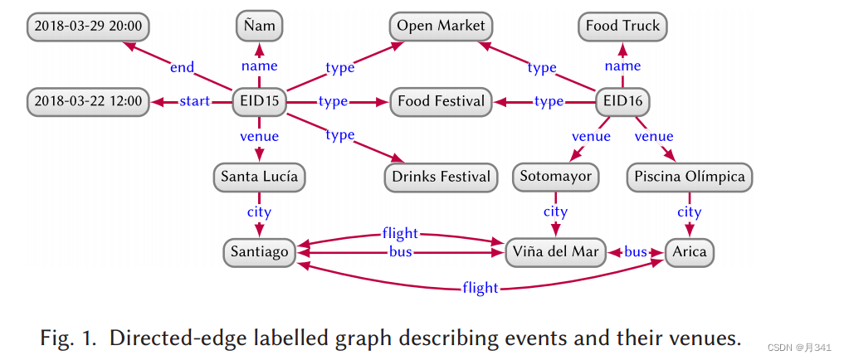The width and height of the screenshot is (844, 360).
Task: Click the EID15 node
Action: point(260,102)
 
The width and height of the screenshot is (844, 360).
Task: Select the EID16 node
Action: point(623,102)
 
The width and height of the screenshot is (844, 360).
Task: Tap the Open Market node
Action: point(441,27)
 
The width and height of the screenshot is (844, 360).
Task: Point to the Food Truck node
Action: point(622,27)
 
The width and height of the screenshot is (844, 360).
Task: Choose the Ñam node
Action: point(260,27)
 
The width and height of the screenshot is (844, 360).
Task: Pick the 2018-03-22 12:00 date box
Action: point(87,102)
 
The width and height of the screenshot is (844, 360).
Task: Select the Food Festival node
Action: point(441,102)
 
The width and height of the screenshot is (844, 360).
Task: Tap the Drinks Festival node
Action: point(441,177)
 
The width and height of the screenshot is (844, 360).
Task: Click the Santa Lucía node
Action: point(259,177)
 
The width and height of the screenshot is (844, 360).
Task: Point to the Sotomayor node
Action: point(555,177)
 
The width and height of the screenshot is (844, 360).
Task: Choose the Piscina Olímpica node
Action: point(690,177)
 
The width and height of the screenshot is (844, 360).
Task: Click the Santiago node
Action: point(260,251)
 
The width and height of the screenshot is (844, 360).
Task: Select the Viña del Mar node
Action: point(555,251)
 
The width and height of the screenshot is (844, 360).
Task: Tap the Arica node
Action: point(690,251)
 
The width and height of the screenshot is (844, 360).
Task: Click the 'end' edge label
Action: point(182,66)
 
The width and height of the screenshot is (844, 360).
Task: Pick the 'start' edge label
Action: point(195,102)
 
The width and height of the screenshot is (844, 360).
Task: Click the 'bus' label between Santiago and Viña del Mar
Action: point(401,251)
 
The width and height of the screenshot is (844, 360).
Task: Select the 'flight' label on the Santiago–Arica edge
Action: point(481,288)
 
